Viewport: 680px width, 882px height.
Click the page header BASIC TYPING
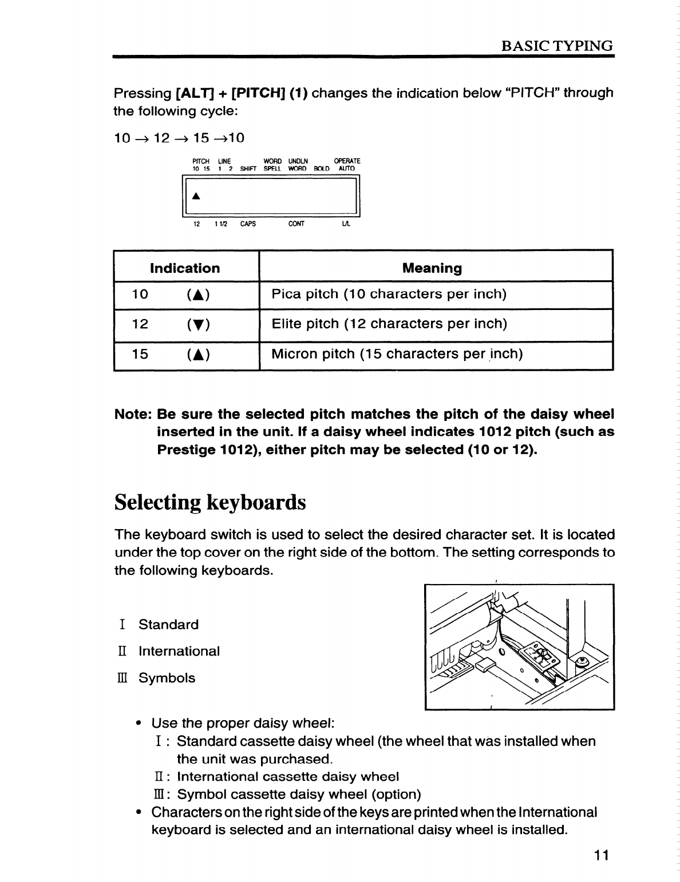click(556, 46)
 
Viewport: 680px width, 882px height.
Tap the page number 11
click(600, 855)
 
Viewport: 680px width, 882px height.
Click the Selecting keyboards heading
click(210, 502)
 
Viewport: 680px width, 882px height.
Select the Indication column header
click(184, 268)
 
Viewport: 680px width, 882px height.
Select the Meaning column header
click(432, 268)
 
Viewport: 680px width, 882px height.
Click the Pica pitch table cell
click(389, 295)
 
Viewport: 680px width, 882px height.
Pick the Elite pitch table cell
click(389, 324)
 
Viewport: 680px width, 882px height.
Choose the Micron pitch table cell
click(397, 354)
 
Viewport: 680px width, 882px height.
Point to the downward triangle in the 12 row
click(197, 325)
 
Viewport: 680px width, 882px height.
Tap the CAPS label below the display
click(248, 224)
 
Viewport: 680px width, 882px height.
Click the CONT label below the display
click(296, 224)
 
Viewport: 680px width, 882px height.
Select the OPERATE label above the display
click(347, 161)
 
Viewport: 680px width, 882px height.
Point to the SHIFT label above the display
click(248, 169)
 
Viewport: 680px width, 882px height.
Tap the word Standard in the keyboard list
click(168, 625)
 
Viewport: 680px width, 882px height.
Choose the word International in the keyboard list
click(179, 651)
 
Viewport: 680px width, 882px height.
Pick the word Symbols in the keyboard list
click(167, 678)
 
